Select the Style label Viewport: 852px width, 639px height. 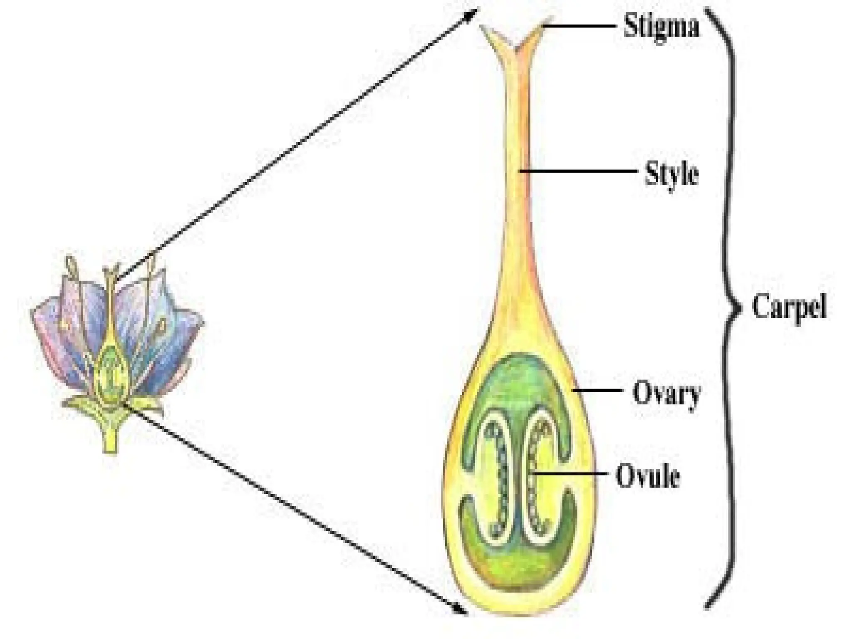(x=671, y=174)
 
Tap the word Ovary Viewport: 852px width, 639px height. (x=666, y=393)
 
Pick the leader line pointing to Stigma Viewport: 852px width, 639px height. (x=578, y=26)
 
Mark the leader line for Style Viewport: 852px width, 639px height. (x=578, y=171)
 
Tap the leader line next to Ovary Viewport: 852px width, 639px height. (x=597, y=391)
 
